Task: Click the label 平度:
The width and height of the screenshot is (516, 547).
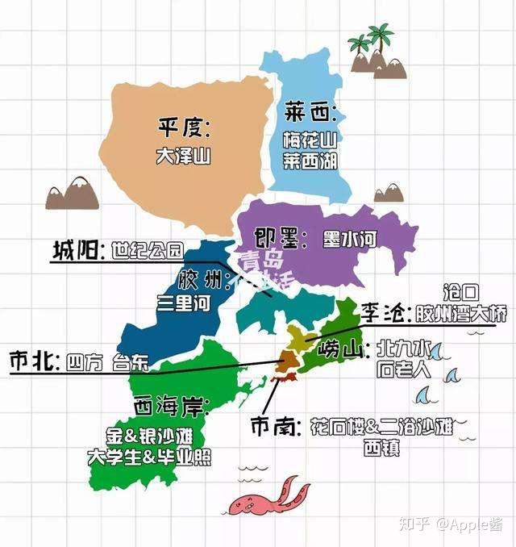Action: [x=183, y=127]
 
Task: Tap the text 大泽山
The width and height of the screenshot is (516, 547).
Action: [x=183, y=156]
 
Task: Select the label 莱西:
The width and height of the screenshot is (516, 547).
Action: [x=310, y=111]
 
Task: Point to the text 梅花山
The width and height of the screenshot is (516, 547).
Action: [x=310, y=140]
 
